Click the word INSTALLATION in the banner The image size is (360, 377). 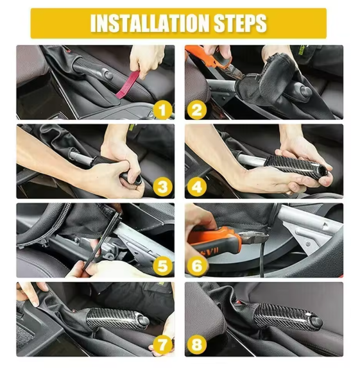coord(148,23)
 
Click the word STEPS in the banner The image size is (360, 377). coord(237,23)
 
